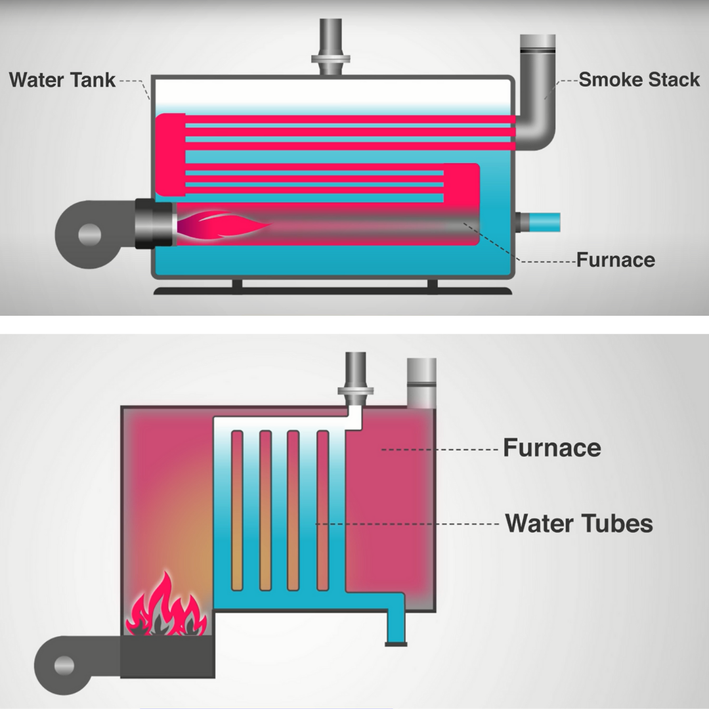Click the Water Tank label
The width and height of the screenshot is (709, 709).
click(x=62, y=80)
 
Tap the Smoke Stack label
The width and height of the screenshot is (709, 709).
click(x=639, y=80)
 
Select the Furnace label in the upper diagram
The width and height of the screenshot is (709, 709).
click(x=615, y=260)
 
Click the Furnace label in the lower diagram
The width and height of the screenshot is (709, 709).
click(x=551, y=448)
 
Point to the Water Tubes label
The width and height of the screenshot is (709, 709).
click(x=579, y=524)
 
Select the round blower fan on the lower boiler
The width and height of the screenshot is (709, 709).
click(x=64, y=664)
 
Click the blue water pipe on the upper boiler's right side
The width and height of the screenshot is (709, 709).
click(x=542, y=222)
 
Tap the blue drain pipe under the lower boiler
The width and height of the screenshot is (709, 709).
click(x=395, y=624)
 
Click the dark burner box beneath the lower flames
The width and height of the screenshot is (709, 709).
click(x=167, y=656)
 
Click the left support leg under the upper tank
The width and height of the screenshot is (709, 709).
click(x=237, y=284)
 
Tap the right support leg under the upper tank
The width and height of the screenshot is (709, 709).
click(x=432, y=284)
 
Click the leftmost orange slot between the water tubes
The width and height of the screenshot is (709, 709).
click(x=237, y=511)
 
